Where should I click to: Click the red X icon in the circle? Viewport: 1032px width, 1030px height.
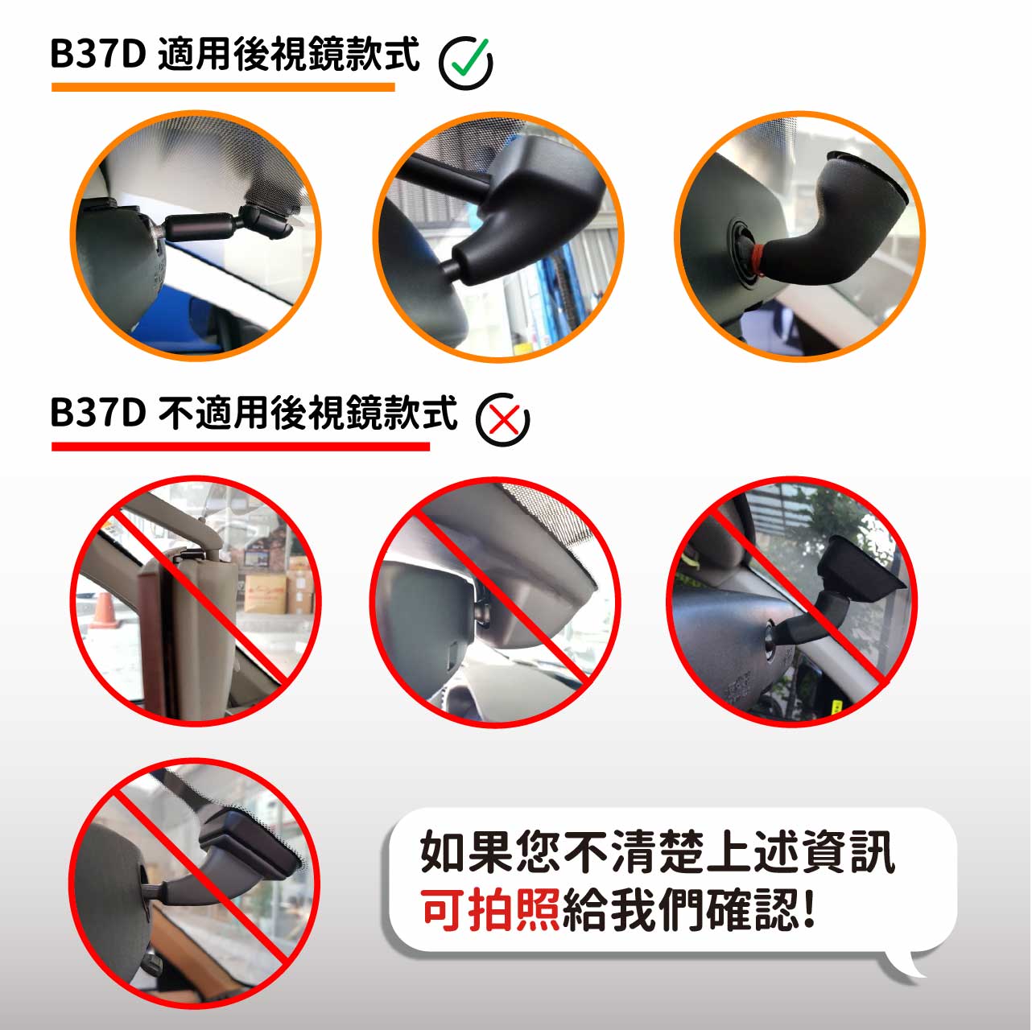503,419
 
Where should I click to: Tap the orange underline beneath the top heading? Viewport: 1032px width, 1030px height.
223,86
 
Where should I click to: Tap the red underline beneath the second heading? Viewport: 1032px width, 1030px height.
240,445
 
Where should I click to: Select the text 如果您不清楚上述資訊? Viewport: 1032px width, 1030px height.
656,852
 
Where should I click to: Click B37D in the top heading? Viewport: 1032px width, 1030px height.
97,54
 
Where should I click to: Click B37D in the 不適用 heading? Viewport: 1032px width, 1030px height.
97,412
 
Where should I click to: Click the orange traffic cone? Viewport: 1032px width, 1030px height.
104,611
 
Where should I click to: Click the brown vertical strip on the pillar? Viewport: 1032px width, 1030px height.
153,636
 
